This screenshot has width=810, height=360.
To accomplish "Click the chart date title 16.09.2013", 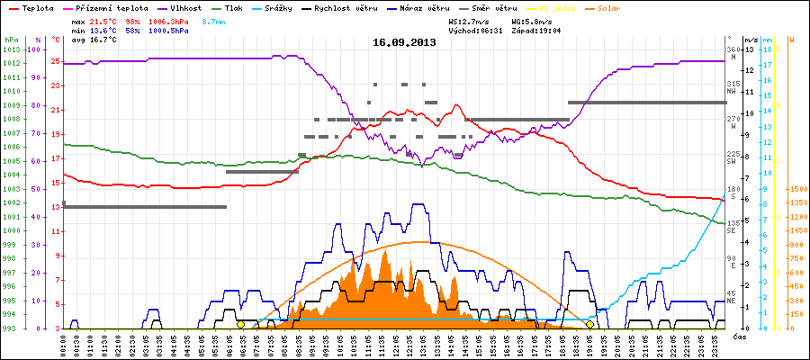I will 405,42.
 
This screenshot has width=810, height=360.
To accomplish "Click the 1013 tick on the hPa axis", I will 10,49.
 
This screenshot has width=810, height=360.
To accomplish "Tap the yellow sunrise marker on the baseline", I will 240,324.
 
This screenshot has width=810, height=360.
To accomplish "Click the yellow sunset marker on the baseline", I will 590,324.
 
